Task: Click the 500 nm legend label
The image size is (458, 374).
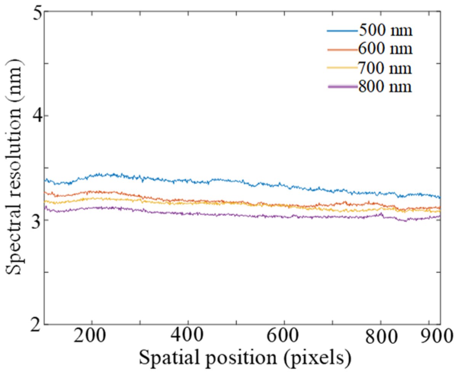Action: (x=385, y=31)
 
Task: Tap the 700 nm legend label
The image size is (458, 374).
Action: (x=385, y=69)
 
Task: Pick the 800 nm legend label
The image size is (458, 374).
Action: (x=385, y=87)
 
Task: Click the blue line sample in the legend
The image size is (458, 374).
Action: (x=342, y=30)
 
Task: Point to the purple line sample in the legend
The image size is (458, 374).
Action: (x=342, y=87)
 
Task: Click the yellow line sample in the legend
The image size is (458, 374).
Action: (x=342, y=68)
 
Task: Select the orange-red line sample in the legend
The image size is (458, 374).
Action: (x=342, y=50)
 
